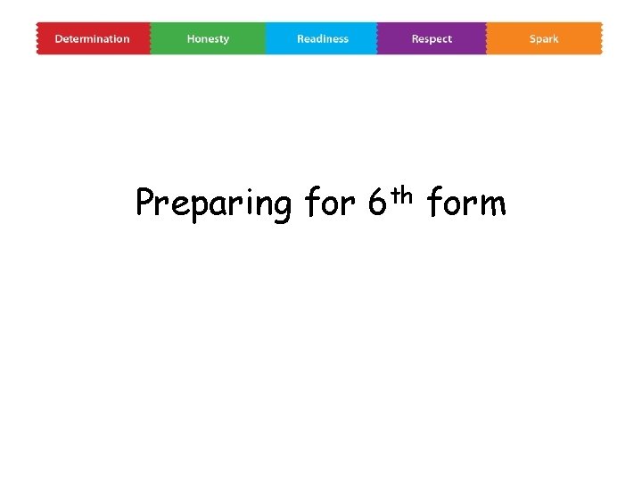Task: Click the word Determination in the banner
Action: point(92,39)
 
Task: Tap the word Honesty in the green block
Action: point(208,39)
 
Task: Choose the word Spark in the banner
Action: point(544,39)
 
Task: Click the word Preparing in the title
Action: point(213,204)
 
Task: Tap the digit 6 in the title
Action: point(375,204)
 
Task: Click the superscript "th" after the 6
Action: point(401,192)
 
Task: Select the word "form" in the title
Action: point(466,204)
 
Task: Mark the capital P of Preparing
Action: point(144,204)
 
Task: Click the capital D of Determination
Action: point(58,39)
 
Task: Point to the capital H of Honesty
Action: point(191,39)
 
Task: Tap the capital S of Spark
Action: point(532,39)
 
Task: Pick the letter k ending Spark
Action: point(556,39)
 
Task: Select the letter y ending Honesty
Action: point(226,40)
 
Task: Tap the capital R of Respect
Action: point(415,39)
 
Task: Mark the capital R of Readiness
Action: point(300,39)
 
